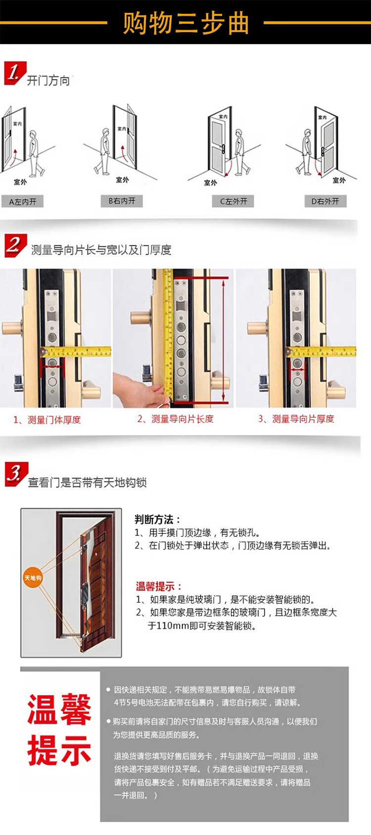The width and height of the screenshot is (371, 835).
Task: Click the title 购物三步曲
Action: pos(185,23)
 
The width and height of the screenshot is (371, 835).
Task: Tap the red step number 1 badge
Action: pos(14,73)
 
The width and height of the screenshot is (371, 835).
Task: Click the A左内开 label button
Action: pos(23,202)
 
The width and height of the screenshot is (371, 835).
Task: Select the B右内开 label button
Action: pos(122,201)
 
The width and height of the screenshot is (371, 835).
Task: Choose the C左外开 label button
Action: pos(233,201)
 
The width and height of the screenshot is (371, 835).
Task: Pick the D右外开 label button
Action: pos(325,201)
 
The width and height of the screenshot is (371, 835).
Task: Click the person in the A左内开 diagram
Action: pos(35,153)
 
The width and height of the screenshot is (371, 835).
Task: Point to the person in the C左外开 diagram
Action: pos(241,152)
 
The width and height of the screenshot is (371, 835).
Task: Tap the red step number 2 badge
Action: pos(15,245)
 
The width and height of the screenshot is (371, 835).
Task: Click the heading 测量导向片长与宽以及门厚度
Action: pos(101,250)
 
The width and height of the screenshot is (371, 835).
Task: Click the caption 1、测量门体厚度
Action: pos(47,420)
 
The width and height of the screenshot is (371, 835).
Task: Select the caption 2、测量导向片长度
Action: pos(176,419)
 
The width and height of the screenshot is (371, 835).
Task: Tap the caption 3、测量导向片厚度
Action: pos(296,419)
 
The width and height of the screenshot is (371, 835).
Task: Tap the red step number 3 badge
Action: pos(15,474)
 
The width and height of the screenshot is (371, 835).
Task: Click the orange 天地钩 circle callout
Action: pos(33,577)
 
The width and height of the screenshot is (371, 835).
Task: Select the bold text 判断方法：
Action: pos(157,519)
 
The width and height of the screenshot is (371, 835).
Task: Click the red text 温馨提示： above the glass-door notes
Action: pos(159,586)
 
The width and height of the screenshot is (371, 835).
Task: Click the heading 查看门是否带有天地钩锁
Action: pos(87,483)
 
